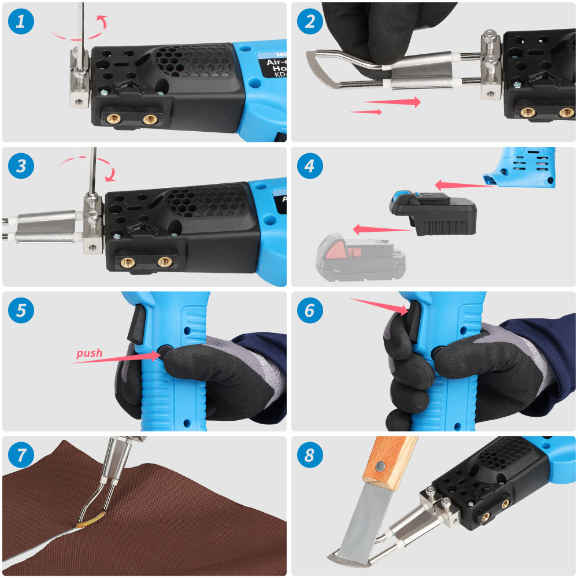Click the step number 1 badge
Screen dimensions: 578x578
[x=21, y=22]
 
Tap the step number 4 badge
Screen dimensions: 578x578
[x=310, y=166]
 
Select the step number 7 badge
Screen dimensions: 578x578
[x=21, y=455]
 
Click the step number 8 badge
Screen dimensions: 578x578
[x=310, y=455]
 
